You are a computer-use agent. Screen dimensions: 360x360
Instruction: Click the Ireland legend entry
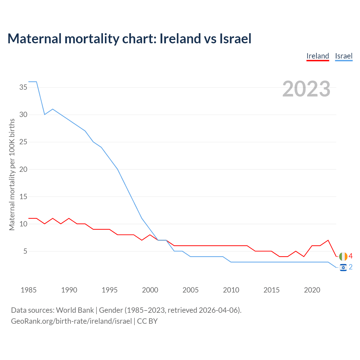[x=318, y=56]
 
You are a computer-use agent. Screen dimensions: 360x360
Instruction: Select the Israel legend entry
[x=344, y=56]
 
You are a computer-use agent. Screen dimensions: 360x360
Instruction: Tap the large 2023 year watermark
[x=306, y=89]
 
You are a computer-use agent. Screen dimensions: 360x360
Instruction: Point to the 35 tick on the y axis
[x=23, y=87]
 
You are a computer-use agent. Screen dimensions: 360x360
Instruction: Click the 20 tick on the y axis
[x=23, y=169]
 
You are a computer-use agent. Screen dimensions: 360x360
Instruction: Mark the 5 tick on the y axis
[x=25, y=251]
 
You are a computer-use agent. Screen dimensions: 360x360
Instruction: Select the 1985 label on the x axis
[x=28, y=290]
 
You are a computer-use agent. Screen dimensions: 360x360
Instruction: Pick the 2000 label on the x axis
[x=150, y=290]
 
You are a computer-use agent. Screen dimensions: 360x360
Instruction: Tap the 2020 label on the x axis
[x=312, y=290]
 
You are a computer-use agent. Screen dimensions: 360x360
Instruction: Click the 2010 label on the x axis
[x=231, y=290]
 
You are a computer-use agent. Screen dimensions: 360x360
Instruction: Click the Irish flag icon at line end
[x=343, y=256]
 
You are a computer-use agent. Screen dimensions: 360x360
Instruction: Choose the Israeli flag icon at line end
[x=343, y=267]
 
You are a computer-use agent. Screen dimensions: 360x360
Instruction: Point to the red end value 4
[x=350, y=256]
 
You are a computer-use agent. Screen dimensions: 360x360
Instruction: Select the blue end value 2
[x=350, y=267]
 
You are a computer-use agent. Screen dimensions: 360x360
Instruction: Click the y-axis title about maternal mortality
[x=12, y=174]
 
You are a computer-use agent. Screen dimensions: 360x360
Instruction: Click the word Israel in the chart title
[x=235, y=39]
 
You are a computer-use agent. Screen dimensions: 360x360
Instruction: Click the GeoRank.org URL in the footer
[x=71, y=321]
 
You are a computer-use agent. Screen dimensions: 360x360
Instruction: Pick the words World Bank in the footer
[x=75, y=310]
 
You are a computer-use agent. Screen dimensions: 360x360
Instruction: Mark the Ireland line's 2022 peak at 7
[x=328, y=240]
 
